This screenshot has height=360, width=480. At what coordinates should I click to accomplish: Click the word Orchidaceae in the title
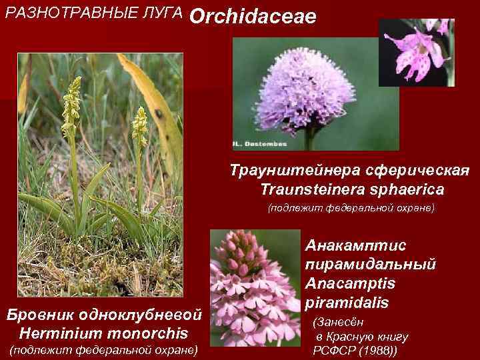click(253, 18)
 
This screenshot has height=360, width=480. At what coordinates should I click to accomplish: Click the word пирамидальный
click(371, 265)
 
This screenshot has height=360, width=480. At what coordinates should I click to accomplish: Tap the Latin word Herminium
click(59, 332)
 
